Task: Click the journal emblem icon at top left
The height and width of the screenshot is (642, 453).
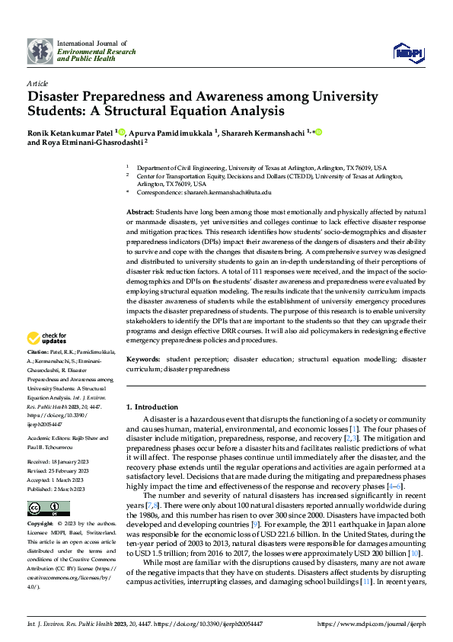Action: click(x=40, y=50)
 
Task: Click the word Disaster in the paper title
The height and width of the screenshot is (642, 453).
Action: click(x=59, y=97)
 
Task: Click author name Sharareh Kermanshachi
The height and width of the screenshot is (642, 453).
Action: click(x=262, y=133)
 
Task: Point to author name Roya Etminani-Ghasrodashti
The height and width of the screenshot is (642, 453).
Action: click(x=91, y=142)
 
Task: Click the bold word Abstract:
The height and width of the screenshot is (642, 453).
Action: click(x=140, y=210)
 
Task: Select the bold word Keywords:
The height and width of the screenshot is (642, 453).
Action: click(x=143, y=358)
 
